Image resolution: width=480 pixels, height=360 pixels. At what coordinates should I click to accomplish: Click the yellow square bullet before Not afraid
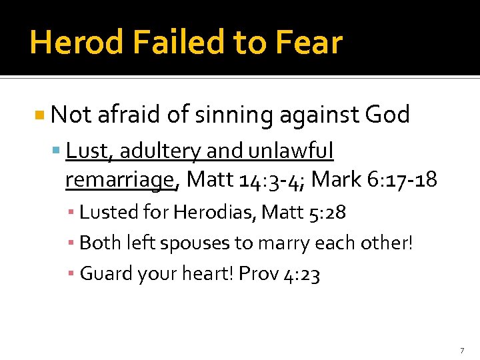40,115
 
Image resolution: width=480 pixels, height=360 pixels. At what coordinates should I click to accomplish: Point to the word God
387,115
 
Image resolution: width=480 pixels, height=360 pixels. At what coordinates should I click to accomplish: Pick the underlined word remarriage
120,179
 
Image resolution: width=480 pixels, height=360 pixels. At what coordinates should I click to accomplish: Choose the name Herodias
213,213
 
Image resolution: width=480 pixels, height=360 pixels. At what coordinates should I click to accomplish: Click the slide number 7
461,350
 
